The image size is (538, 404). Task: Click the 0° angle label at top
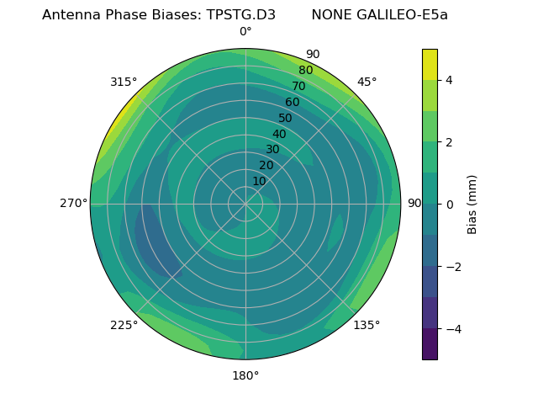[245, 32]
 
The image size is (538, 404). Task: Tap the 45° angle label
[367, 82]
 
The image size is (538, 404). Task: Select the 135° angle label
[367, 325]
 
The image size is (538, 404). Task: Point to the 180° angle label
[245, 375]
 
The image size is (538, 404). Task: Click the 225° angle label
[124, 326]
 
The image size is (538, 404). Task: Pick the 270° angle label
[73, 203]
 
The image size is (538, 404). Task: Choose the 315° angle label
[124, 82]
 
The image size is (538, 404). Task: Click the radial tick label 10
[259, 181]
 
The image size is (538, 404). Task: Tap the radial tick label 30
[272, 150]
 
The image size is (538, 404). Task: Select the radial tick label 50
[285, 119]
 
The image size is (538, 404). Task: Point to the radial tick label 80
[305, 71]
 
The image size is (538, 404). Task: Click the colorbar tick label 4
[450, 80]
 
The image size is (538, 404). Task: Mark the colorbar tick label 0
[450, 205]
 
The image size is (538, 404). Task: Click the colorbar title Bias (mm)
[472, 205]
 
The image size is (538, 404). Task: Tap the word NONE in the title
[332, 15]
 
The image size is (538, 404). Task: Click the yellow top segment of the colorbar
[430, 64]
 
